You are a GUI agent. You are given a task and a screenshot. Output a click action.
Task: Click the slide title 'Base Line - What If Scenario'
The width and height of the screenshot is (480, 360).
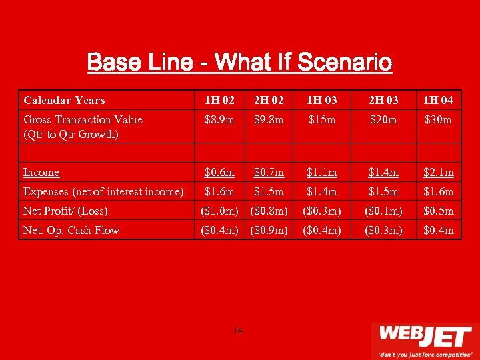pos(239,63)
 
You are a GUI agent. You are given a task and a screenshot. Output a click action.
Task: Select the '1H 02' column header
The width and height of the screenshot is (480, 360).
pos(219,100)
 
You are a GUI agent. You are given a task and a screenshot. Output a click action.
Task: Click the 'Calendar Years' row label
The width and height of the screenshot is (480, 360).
pos(64,100)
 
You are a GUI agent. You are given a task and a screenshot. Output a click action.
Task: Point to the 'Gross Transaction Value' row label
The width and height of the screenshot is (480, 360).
pos(83,120)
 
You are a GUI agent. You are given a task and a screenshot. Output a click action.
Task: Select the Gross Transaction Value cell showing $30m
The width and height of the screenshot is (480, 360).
pos(438,120)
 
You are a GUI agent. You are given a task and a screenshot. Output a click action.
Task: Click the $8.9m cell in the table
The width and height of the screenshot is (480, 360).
pos(219,120)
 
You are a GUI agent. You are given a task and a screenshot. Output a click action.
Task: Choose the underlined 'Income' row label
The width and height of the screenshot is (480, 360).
pos(41,173)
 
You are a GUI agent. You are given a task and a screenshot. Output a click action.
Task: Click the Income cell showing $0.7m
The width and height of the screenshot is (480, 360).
pos(269,173)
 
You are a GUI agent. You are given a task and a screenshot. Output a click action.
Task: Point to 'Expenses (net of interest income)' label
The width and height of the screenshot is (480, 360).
pos(103,192)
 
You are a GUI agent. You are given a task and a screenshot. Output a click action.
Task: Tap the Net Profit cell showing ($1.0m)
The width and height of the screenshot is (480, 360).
pos(219,211)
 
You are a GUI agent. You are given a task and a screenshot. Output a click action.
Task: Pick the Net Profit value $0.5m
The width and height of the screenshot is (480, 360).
pos(438,211)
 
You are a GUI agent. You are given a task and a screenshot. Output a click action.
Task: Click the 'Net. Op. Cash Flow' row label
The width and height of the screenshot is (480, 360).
pos(71,230)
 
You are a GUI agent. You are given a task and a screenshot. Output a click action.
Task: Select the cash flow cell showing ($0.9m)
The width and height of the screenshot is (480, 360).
pos(269,230)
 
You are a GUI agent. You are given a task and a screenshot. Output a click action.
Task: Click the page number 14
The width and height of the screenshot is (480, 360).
pos(238,331)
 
